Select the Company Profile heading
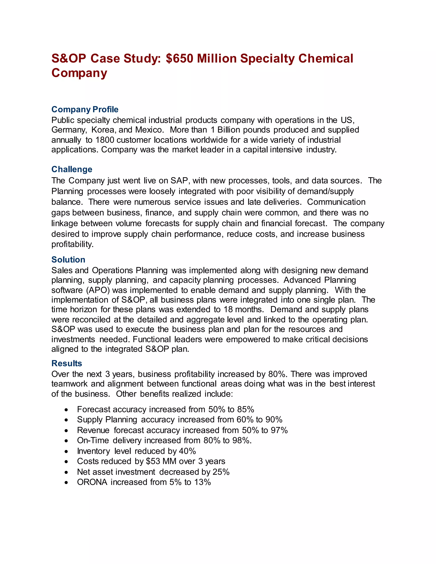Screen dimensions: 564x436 [x=85, y=109]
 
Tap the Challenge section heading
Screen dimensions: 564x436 [x=72, y=169]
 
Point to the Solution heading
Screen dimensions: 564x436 [x=68, y=259]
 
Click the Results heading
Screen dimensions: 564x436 [x=67, y=363]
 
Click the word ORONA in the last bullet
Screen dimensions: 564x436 [x=92, y=482]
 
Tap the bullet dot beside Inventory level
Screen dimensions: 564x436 [x=66, y=451]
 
